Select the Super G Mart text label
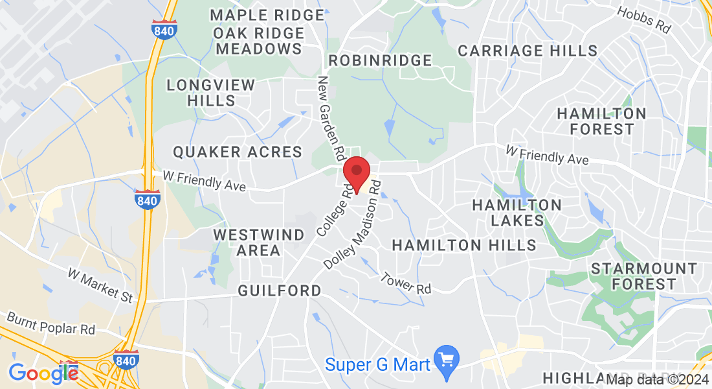(377, 364)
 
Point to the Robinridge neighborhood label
(380, 60)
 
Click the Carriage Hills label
(528, 51)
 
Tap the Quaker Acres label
(238, 152)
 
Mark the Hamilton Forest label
(601, 121)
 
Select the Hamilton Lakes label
(517, 213)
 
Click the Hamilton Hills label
(464, 245)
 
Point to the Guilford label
(280, 290)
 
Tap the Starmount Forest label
(643, 276)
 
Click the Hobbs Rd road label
(643, 21)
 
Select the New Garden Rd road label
(330, 119)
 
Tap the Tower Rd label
(406, 283)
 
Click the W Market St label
(100, 285)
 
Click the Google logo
(43, 373)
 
